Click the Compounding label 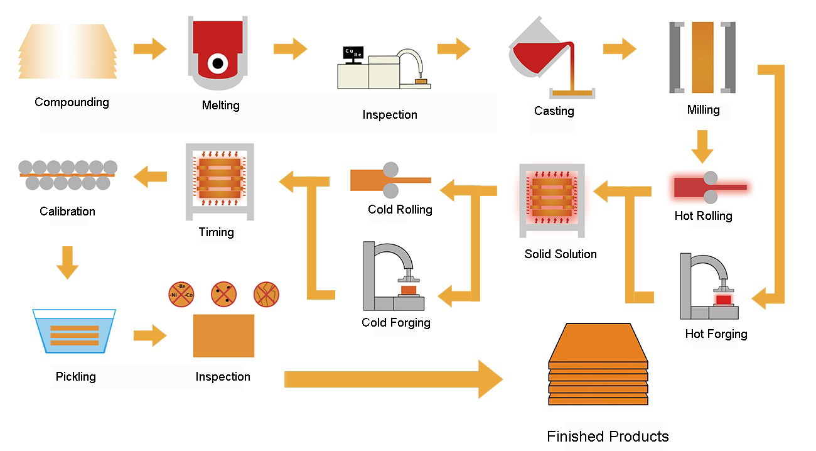click(72, 102)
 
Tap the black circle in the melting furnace click(218, 63)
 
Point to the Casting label click(554, 111)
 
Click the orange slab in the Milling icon click(702, 57)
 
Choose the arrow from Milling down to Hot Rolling click(702, 146)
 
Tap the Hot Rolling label click(703, 215)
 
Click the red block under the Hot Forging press click(724, 300)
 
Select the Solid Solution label click(561, 254)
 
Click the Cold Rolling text click(400, 209)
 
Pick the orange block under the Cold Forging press click(408, 291)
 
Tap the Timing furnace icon click(219, 182)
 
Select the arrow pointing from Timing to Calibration click(151, 177)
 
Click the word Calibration click(67, 211)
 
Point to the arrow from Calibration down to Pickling click(67, 263)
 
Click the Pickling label click(75, 376)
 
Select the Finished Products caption click(608, 436)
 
